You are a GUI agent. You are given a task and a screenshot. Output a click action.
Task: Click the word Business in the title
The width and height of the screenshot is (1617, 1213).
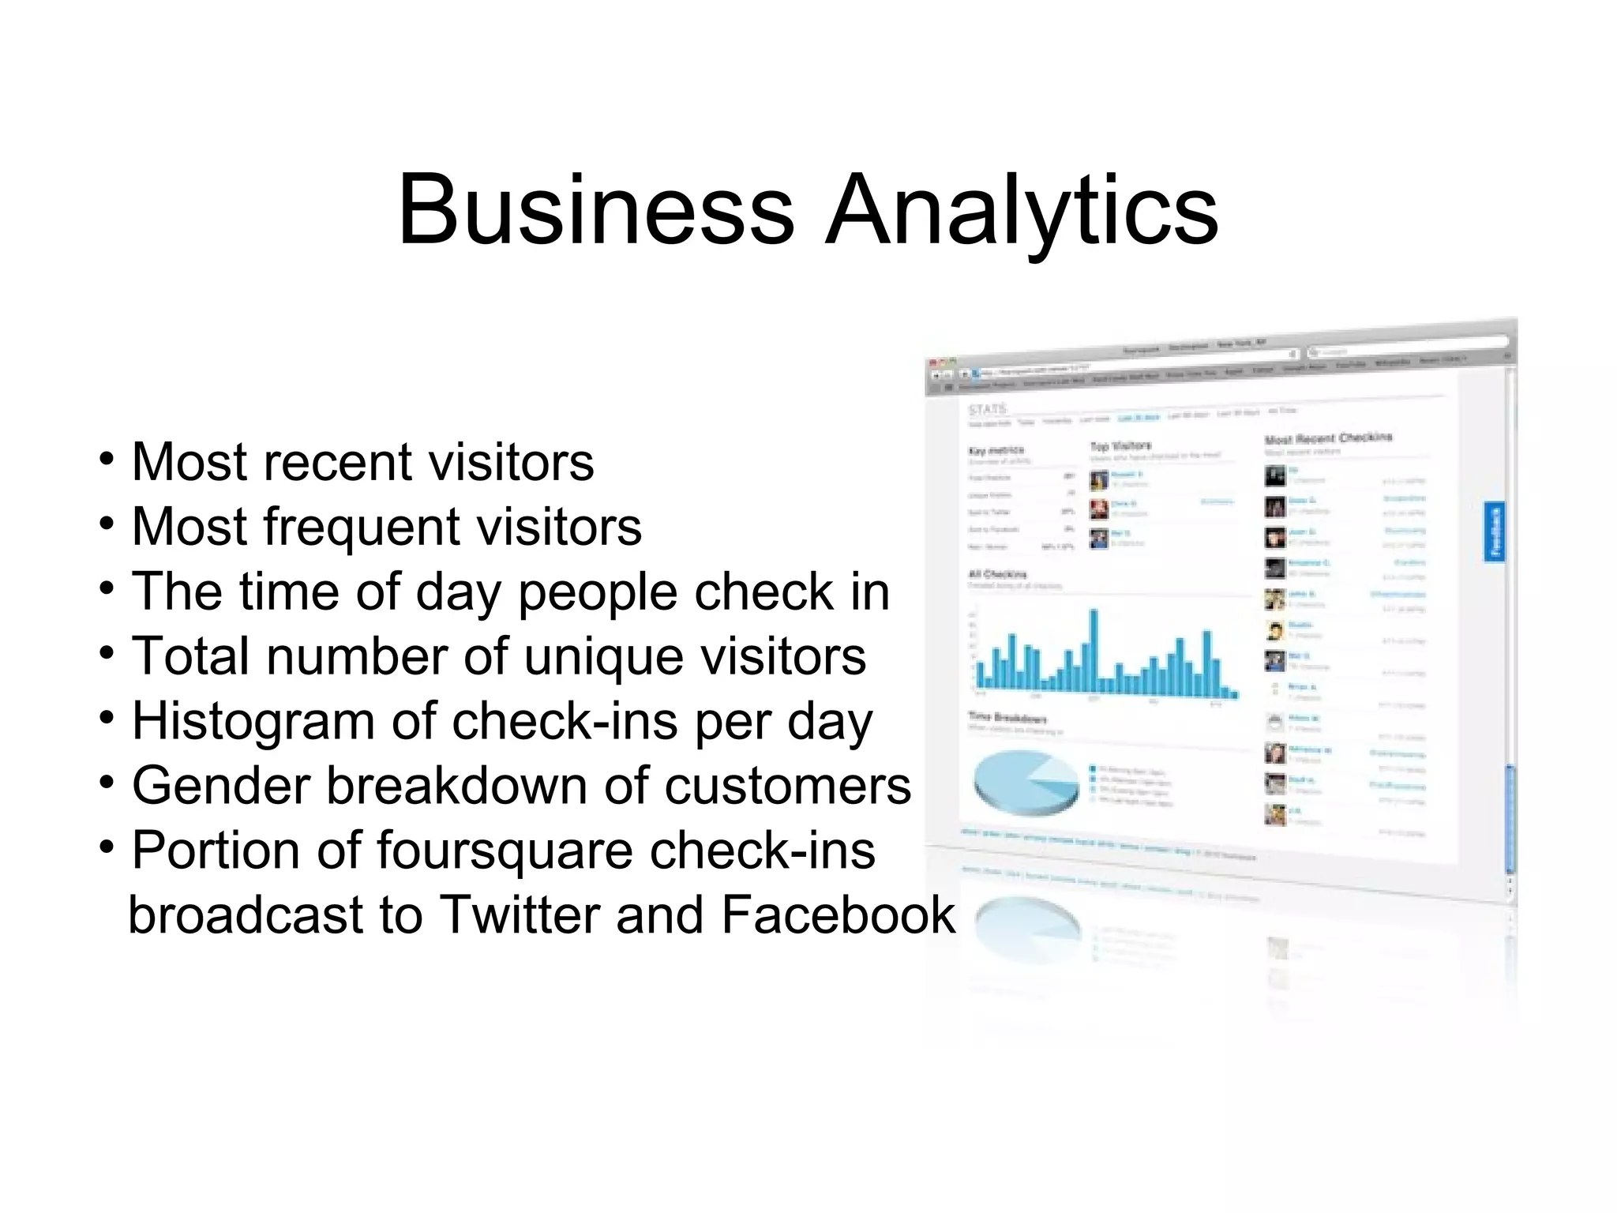pos(595,210)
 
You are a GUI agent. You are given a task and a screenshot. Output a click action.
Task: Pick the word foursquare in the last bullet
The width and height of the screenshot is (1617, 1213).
pos(505,851)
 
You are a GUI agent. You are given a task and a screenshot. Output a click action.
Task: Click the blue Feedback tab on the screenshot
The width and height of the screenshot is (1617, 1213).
pos(1495,531)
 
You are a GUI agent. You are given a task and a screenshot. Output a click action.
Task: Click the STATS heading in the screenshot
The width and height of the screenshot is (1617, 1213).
pos(988,409)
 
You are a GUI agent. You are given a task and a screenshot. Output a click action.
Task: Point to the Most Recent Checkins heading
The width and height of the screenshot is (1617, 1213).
pos(1328,438)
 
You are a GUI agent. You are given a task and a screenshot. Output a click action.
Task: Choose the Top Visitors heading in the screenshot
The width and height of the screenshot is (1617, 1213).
pos(1120,446)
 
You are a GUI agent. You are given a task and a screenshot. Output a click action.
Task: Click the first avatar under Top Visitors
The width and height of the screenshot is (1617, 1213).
pos(1099,479)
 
